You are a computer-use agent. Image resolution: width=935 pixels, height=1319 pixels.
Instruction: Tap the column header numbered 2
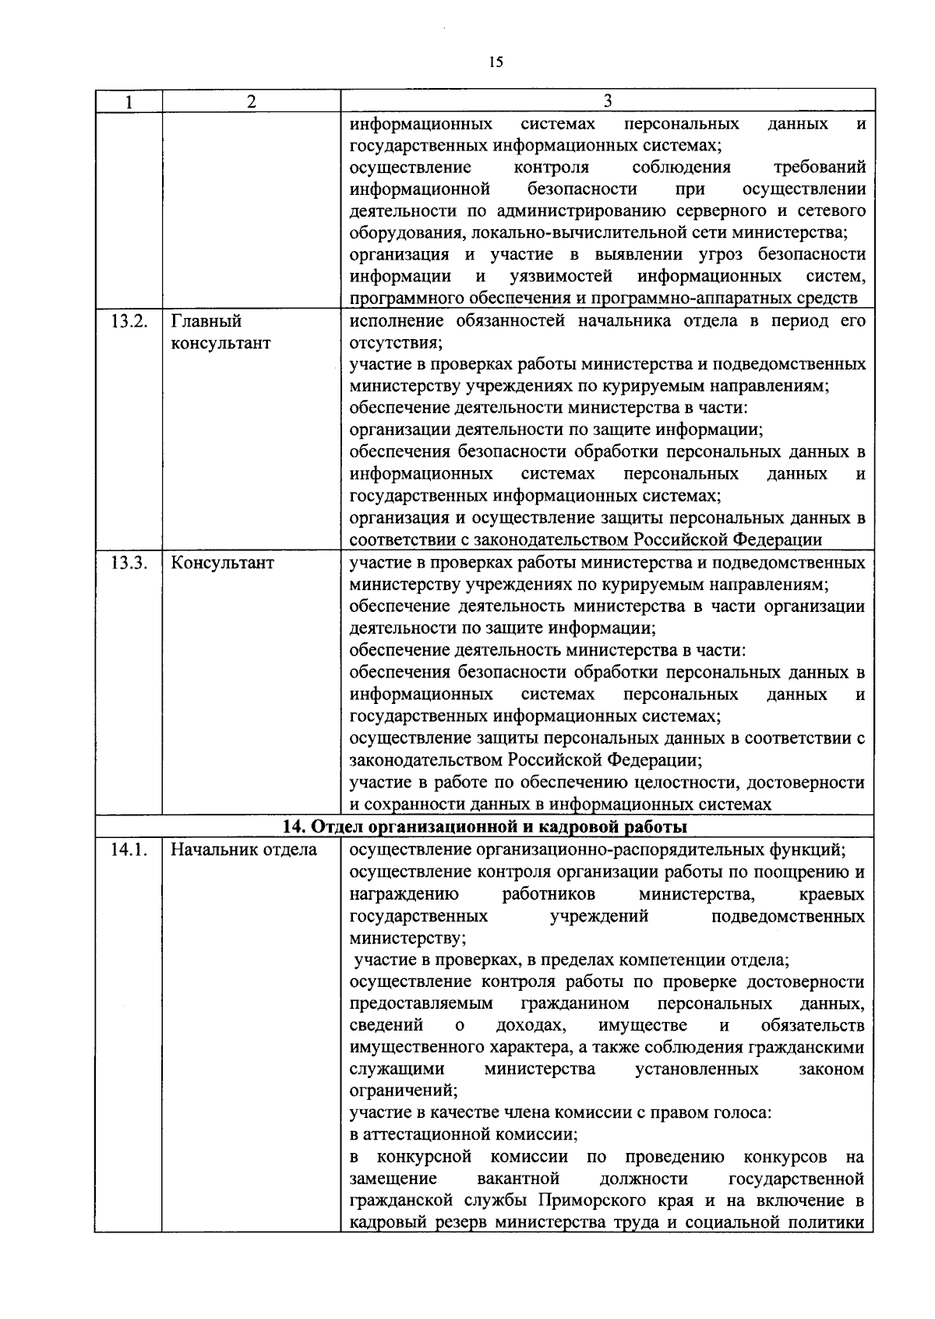251,101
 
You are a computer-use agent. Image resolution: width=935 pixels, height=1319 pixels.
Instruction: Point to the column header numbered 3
607,101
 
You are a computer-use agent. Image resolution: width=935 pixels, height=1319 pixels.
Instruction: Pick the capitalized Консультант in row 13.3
223,563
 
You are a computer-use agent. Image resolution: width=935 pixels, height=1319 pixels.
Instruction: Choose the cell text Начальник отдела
244,850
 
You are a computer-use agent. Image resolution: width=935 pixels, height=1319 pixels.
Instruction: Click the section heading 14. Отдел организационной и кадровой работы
484,826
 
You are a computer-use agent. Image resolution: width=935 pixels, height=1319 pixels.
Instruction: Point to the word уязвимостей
560,277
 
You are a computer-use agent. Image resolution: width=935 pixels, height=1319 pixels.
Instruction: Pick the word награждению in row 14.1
404,894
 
